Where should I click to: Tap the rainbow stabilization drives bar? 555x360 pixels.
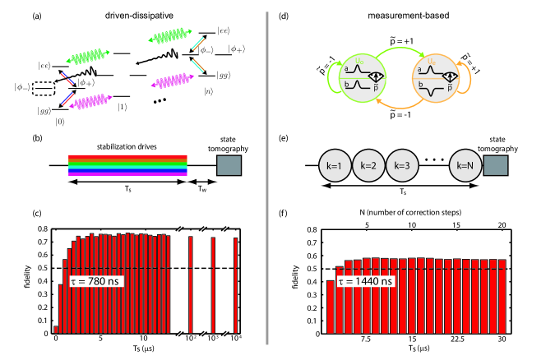pyautogui.click(x=127, y=165)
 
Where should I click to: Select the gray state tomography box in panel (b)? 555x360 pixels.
pyautogui.click(x=228, y=165)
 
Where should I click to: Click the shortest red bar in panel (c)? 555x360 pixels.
pyautogui.click(x=56, y=329)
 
